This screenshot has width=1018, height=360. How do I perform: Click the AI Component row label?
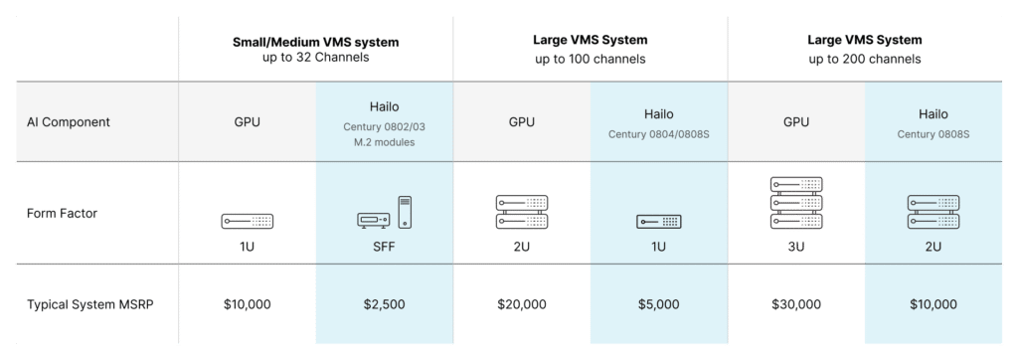coord(69,122)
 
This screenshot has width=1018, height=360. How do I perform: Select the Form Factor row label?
coord(62,212)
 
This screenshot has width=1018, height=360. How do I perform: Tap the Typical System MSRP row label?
coord(89,304)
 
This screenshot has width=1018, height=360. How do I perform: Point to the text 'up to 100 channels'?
coord(591,59)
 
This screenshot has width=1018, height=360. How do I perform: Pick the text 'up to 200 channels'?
coord(865,59)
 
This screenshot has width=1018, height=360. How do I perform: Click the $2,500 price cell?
coord(384,304)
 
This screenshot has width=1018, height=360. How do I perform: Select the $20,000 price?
coord(521,304)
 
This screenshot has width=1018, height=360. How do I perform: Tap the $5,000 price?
coord(658,304)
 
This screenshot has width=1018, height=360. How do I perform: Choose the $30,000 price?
coord(795,304)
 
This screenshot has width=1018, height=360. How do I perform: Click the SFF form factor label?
coord(384,245)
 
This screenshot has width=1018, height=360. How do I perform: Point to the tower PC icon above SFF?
coord(404,212)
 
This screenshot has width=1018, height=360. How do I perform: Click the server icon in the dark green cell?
coord(795,202)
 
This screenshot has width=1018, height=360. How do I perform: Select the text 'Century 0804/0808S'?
coord(658,132)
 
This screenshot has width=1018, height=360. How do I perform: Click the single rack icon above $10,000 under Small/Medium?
coord(247,221)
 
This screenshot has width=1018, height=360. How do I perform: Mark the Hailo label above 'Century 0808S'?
coord(933,114)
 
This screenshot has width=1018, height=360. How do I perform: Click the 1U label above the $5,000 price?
coord(658,245)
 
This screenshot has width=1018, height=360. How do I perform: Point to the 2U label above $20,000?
coord(521,245)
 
